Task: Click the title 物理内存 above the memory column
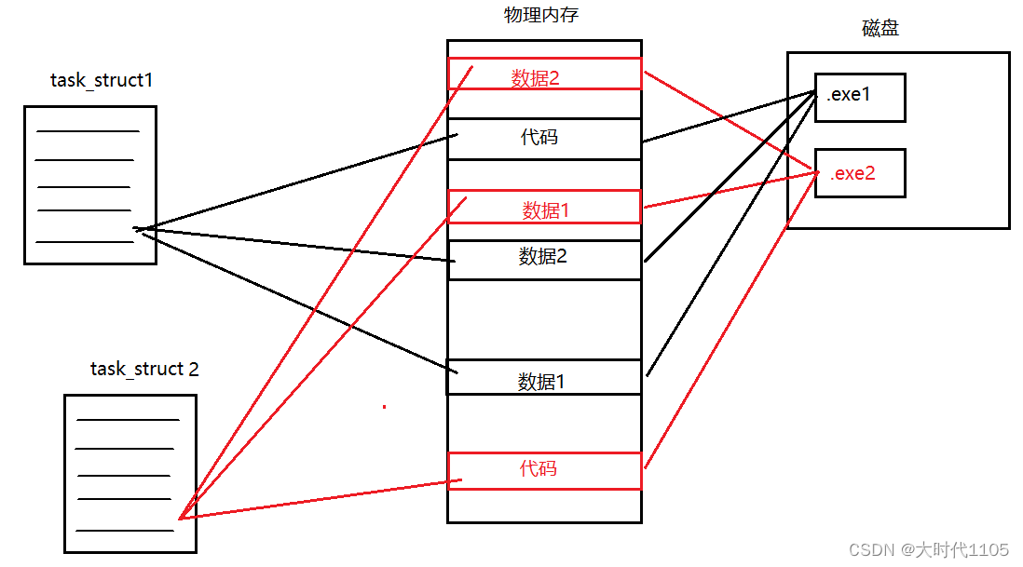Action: coord(541,16)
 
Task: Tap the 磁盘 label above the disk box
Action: coord(880,28)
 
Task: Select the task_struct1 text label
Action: coord(102,80)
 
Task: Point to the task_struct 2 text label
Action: coord(144,369)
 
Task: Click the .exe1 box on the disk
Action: coord(859,97)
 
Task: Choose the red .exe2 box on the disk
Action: coord(859,172)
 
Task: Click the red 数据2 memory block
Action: coord(544,74)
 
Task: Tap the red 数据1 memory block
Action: coord(544,207)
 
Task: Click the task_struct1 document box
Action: coord(89,184)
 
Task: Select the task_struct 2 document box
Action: coord(130,473)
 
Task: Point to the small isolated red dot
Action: coord(384,406)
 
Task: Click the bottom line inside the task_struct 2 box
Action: coord(125,531)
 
